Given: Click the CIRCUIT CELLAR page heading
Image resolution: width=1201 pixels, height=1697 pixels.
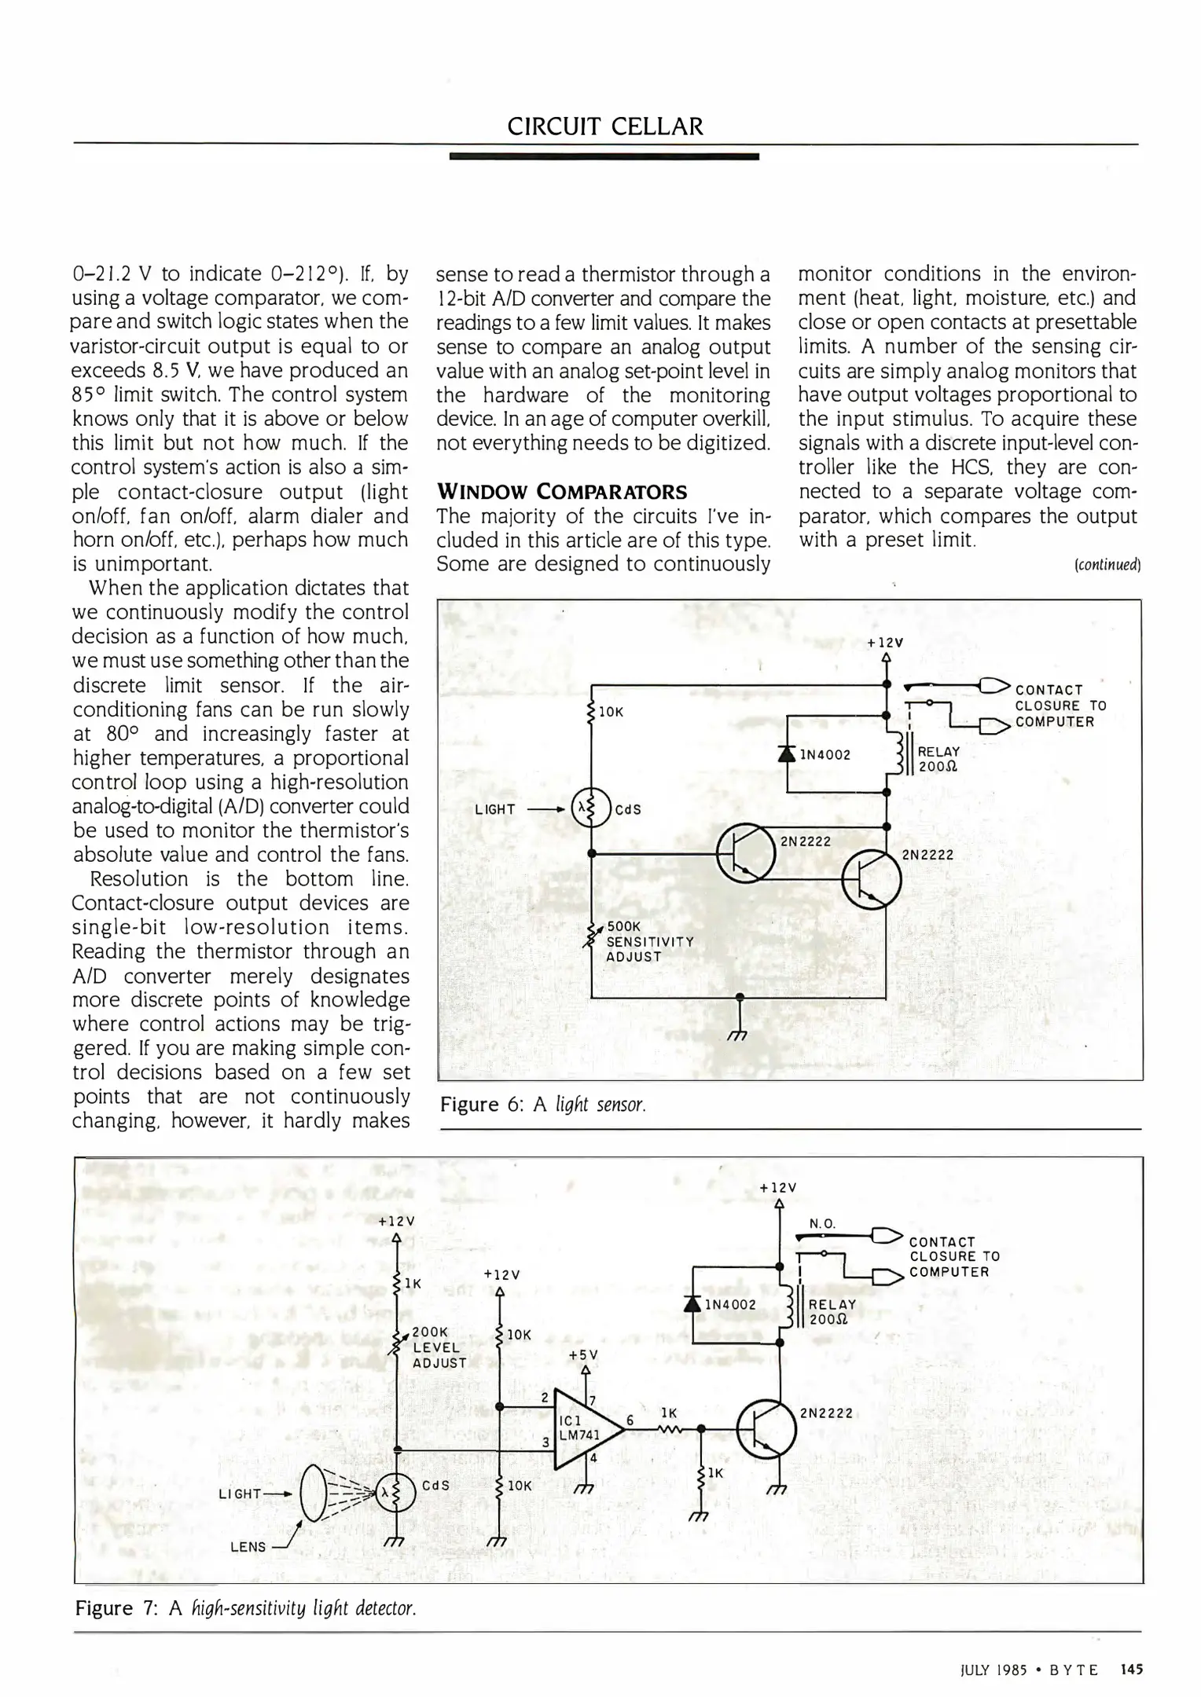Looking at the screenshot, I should (x=604, y=126).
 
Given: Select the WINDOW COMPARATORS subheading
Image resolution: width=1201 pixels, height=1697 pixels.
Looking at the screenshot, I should (x=561, y=492).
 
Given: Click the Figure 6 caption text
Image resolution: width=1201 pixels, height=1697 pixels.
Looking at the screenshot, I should (x=543, y=1105).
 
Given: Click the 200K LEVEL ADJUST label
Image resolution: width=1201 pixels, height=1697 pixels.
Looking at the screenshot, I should (x=439, y=1347).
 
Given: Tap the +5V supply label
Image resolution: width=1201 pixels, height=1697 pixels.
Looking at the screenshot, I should (x=583, y=1354).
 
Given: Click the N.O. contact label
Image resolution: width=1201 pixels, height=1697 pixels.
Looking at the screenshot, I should (x=822, y=1223).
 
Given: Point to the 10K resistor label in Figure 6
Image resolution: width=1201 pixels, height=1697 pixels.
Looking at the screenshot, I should (x=611, y=712).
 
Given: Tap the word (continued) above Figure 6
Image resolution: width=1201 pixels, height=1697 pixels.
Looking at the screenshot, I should (x=1107, y=564).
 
